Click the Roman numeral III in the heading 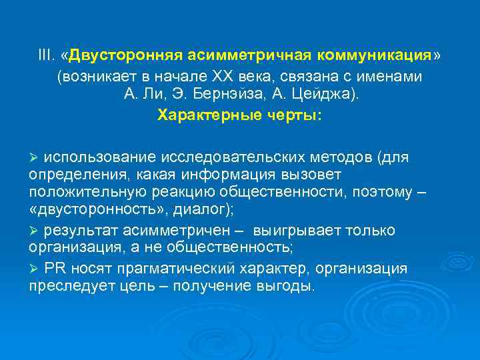45,54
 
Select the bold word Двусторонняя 125,54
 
